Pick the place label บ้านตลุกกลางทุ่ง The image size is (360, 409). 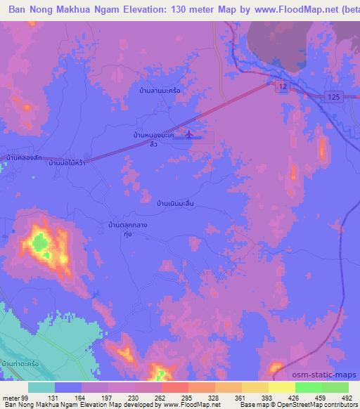click(127, 229)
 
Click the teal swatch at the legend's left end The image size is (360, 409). click(41, 387)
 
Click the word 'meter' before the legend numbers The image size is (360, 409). click(11, 397)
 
